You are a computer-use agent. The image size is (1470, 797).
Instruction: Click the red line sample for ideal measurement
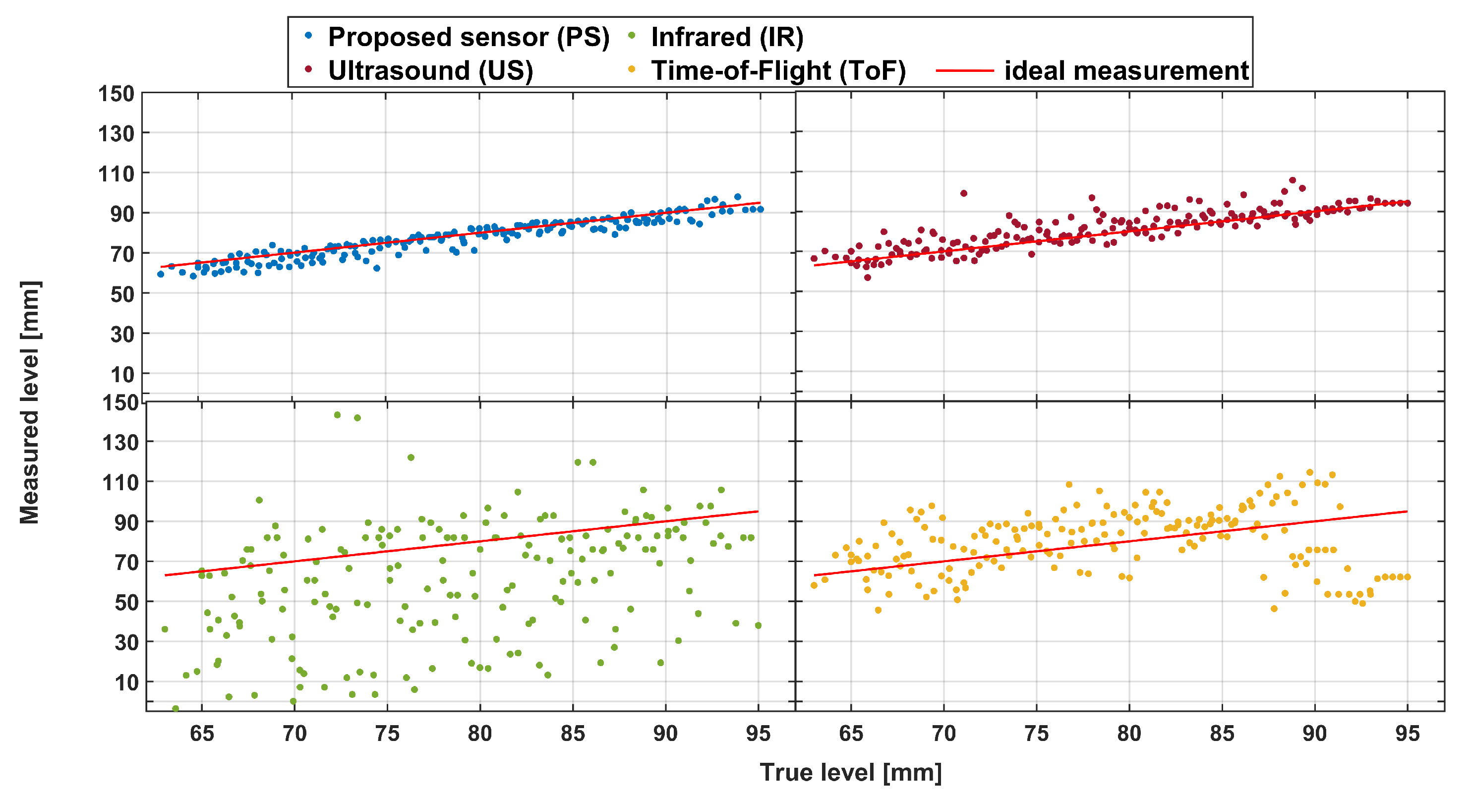pyautogui.click(x=964, y=71)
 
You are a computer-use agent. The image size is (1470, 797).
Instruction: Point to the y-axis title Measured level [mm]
pyautogui.click(x=30, y=402)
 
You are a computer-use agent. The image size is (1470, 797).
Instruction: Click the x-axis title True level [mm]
pyautogui.click(x=850, y=773)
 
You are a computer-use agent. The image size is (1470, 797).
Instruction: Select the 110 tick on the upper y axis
pyautogui.click(x=116, y=173)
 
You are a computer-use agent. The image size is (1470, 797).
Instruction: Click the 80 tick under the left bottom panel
pyautogui.click(x=479, y=733)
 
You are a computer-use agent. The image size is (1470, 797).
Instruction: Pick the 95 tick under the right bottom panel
pyautogui.click(x=1407, y=733)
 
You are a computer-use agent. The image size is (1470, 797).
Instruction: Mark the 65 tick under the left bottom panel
pyautogui.click(x=201, y=733)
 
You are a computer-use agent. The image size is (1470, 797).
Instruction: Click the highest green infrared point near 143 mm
pyautogui.click(x=337, y=415)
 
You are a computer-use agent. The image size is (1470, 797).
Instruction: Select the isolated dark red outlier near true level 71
pyautogui.click(x=964, y=193)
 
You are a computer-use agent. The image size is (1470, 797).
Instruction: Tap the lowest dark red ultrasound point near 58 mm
pyautogui.click(x=868, y=278)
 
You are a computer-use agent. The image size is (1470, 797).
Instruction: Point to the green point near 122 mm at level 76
pyautogui.click(x=411, y=457)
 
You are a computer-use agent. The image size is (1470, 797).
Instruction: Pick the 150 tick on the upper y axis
pyautogui.click(x=116, y=94)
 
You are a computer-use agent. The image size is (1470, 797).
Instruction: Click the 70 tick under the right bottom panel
pyautogui.click(x=943, y=733)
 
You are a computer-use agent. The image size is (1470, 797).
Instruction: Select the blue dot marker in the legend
pyautogui.click(x=309, y=35)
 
